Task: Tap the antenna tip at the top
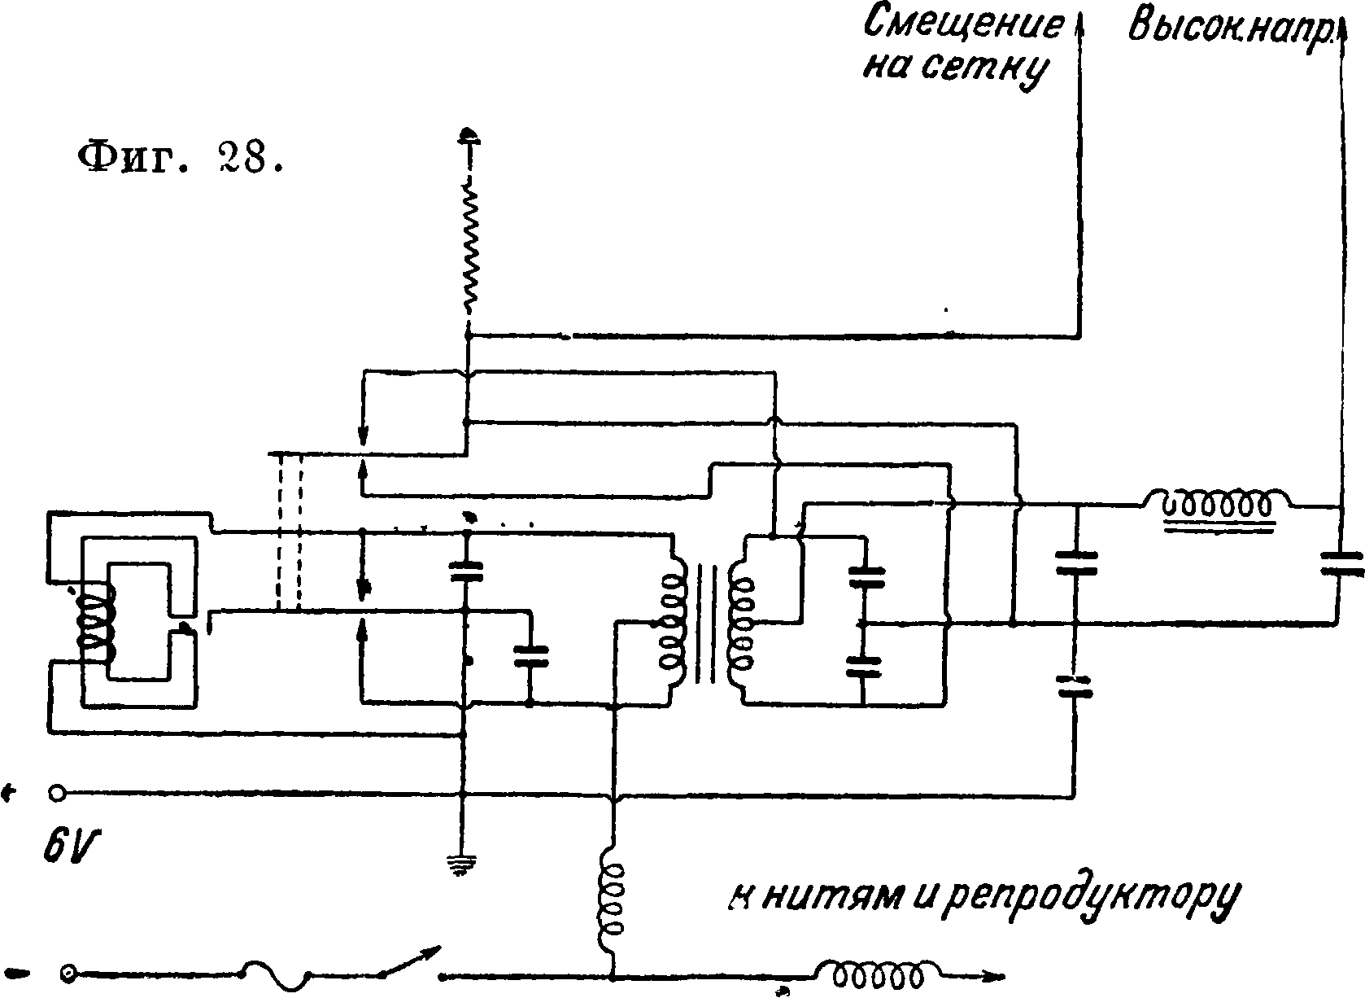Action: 469,135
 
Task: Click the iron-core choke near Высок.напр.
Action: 1216,508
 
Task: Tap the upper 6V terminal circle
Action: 57,792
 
